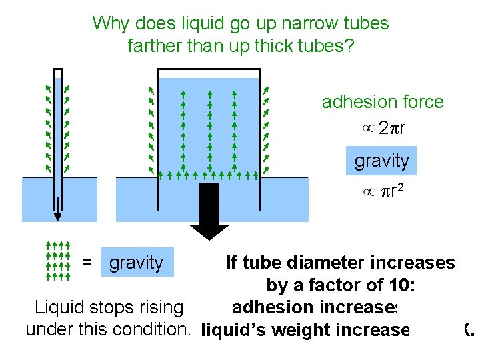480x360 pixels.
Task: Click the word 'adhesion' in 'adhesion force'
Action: [357, 102]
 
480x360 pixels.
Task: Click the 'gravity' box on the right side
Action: [381, 161]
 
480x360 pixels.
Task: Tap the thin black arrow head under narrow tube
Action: [58, 216]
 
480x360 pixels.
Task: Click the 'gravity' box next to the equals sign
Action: [137, 263]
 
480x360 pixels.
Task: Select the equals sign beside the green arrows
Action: [87, 263]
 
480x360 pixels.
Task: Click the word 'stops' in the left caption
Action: [111, 307]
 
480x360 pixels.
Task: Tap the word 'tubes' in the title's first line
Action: [365, 24]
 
